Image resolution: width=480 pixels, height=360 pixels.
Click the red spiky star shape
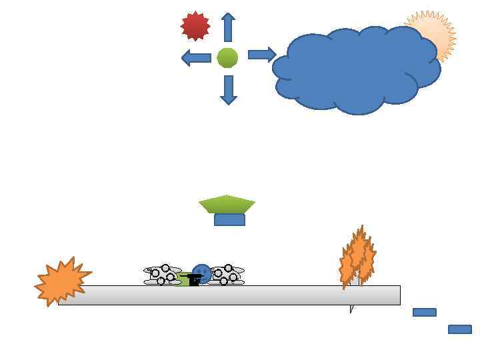pos(195,26)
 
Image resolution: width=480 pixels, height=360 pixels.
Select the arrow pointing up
pos(228,27)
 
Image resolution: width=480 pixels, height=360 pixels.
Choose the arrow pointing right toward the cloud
pos(261,55)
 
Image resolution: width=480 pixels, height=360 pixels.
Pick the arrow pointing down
pos(229,89)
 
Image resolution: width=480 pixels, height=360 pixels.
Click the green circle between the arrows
pos(227,58)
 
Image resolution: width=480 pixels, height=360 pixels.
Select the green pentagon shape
pos(227,203)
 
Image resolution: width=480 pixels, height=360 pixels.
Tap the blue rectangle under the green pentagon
pos(229,220)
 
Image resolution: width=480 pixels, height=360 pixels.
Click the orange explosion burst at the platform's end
pos(61,281)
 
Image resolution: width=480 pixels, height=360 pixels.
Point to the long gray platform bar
pos(267,295)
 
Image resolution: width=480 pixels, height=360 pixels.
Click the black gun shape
pos(193,279)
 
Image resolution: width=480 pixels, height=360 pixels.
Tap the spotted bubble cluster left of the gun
pos(162,275)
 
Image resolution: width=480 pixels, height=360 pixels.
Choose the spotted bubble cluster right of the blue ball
pos(227,274)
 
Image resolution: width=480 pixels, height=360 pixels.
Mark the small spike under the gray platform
pos(351,309)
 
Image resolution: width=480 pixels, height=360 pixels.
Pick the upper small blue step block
pos(424,312)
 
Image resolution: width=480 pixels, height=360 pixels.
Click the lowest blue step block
pos(459,329)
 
